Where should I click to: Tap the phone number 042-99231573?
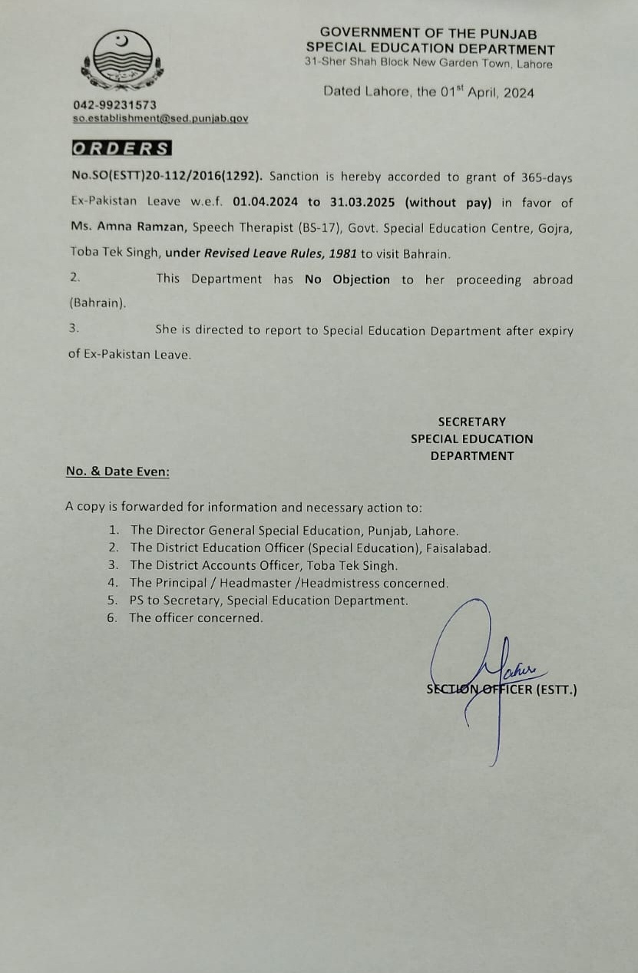[x=115, y=104]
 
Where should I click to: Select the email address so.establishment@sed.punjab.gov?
[x=160, y=118]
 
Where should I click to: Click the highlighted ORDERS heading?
[x=121, y=149]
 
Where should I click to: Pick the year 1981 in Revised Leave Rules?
[x=343, y=253]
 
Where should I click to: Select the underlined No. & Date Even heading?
[x=118, y=472]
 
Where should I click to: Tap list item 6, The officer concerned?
[x=195, y=617]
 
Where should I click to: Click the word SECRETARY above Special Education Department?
[x=471, y=422]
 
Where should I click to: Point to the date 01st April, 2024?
[x=487, y=92]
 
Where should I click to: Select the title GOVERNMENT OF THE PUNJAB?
[x=428, y=33]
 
